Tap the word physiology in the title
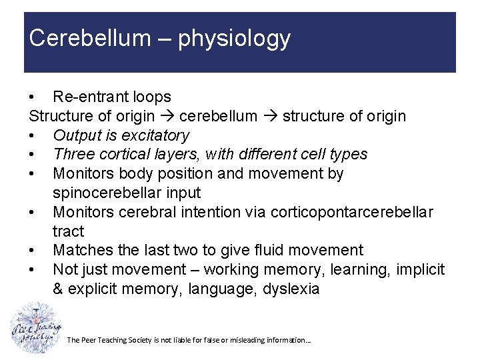click(233, 39)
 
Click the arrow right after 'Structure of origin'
click(167, 117)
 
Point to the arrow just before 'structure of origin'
click(269, 117)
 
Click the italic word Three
click(71, 155)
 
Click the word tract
click(68, 232)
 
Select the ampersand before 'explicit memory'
click(59, 289)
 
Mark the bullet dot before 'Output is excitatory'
click(33, 136)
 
